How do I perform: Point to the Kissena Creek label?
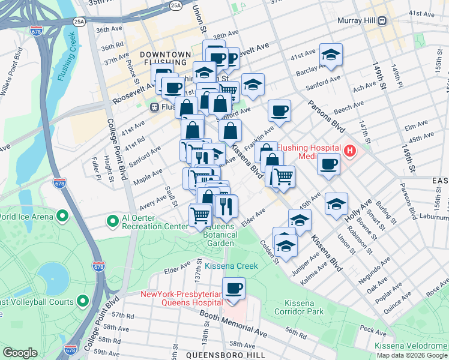tap(231, 266)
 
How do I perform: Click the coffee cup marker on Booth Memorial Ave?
tap(234, 289)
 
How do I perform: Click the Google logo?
tap(20, 353)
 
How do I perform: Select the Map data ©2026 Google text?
tap(412, 355)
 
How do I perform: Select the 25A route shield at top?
tap(175, 5)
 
